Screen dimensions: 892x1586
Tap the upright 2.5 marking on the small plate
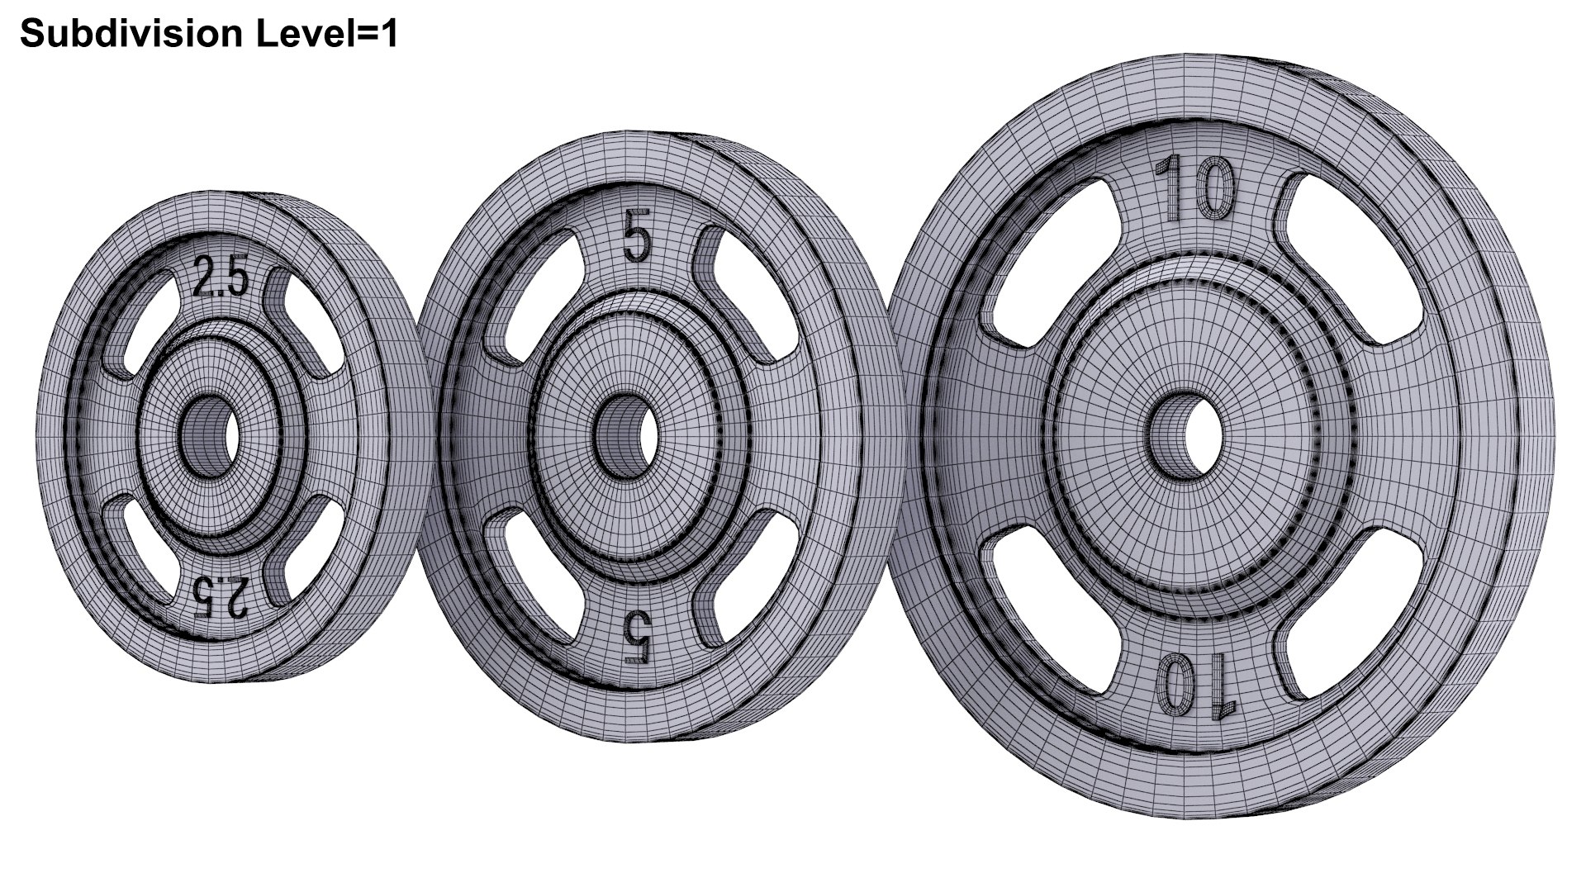[220, 278]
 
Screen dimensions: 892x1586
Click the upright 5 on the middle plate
[637, 238]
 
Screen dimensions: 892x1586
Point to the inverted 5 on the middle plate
[637, 637]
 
